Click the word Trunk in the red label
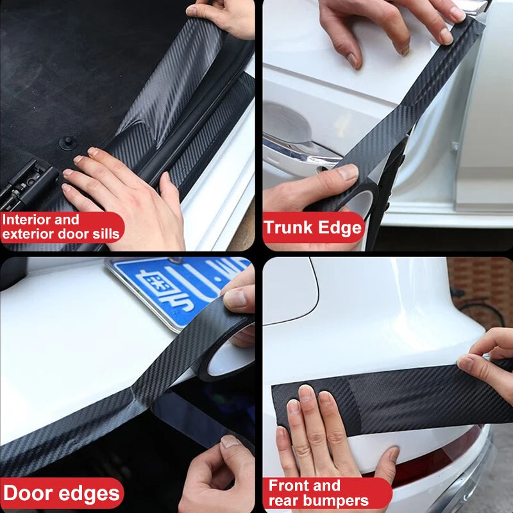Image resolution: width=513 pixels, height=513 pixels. [287, 228]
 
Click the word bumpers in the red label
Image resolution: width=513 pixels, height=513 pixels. [337, 500]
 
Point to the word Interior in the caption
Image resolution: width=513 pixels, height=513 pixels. [24, 219]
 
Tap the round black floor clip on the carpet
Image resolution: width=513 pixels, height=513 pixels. [65, 142]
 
